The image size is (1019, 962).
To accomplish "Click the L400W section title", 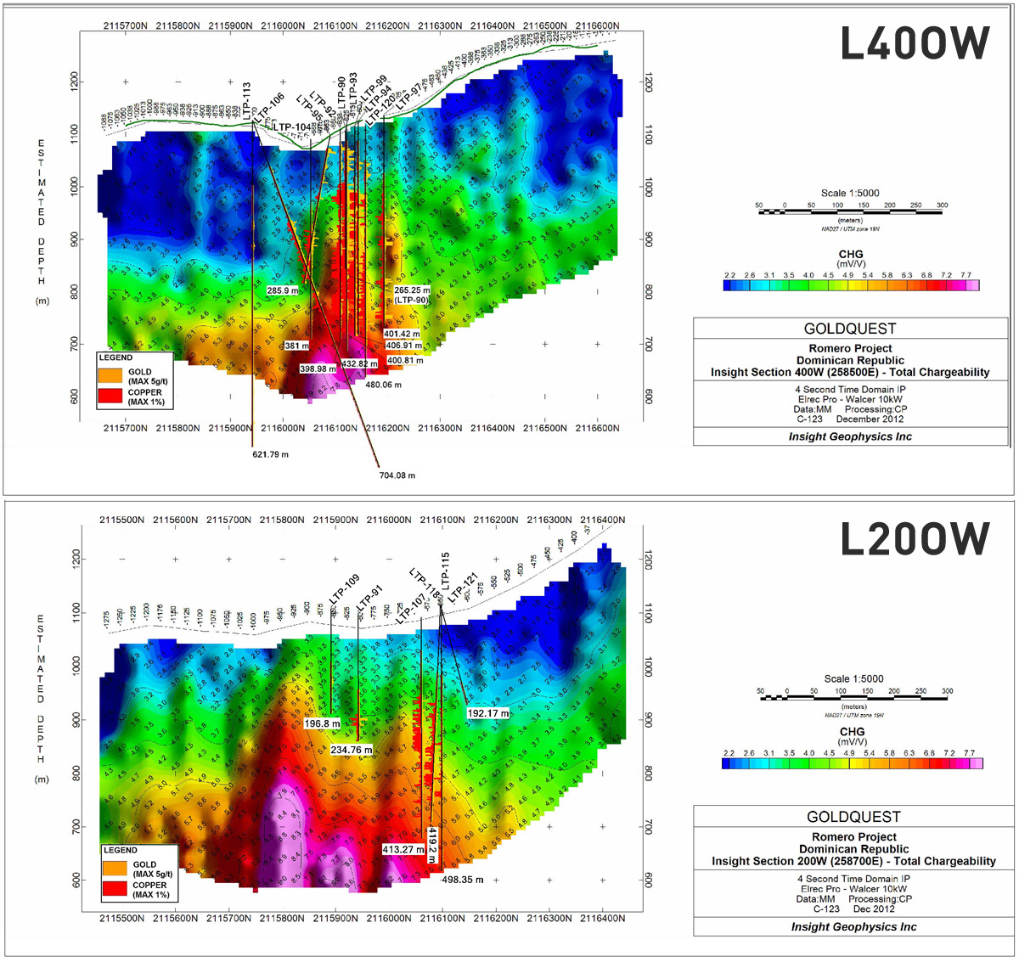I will point(915,43).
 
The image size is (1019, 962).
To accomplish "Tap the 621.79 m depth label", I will point(270,454).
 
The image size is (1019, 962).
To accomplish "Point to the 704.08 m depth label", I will point(397,475).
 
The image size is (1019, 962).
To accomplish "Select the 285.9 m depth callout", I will point(283,290).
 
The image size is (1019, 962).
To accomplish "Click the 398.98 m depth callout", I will point(318,369).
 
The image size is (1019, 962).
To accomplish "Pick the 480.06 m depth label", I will point(384,385).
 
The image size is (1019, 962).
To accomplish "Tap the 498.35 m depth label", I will point(463,880).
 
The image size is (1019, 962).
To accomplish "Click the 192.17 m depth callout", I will point(488,713).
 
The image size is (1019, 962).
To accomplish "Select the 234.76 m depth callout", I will point(352,750).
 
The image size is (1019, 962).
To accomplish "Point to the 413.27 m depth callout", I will point(403,849).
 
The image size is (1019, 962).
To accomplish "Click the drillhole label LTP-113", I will point(246,99).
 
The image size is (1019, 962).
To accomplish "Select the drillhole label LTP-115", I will point(445,570).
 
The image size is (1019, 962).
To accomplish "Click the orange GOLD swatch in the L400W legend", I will point(111,375).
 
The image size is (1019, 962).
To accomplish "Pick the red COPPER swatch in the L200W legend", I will point(115,889).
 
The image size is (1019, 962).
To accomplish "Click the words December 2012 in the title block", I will point(870,419).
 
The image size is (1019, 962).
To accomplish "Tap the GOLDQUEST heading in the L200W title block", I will point(853,817).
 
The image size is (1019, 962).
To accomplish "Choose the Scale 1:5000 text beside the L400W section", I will point(850,193).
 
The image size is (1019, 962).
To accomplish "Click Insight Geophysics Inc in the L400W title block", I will point(850,436).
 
